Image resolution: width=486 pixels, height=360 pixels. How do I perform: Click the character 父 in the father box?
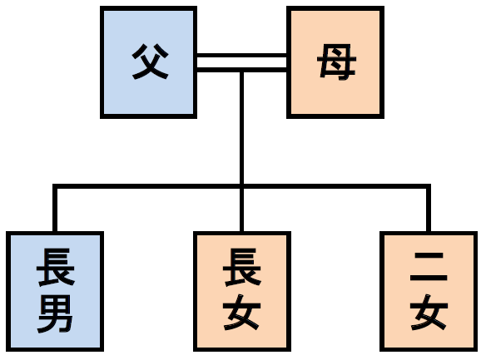tap(151, 62)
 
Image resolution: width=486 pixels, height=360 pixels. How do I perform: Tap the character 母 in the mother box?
tap(336, 62)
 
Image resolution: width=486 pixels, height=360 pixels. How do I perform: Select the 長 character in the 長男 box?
tap(56, 267)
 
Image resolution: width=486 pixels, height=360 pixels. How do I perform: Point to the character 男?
tap(55, 313)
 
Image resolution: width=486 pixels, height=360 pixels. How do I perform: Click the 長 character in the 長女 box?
tap(242, 267)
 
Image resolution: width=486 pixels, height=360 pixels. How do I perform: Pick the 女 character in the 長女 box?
tap(242, 312)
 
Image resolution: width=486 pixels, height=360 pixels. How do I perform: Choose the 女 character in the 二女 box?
tap(429, 312)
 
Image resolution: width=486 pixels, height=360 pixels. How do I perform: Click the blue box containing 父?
tap(148, 62)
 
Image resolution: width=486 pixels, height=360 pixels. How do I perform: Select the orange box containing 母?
tap(335, 62)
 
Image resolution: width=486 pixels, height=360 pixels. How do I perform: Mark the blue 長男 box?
tap(55, 291)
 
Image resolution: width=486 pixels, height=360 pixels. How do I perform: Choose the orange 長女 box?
tap(242, 291)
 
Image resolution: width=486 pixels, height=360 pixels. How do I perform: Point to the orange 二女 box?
tap(429, 291)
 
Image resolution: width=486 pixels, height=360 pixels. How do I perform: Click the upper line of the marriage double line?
tap(242, 56)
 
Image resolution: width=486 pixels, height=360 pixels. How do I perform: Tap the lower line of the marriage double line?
tap(242, 70)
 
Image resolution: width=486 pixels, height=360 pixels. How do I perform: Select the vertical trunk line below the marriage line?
tap(242, 128)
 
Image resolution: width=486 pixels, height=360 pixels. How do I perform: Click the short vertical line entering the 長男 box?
tap(55, 210)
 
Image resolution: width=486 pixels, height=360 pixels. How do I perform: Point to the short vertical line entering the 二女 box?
tap(429, 210)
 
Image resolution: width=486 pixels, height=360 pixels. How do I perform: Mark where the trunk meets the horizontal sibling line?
tap(242, 186)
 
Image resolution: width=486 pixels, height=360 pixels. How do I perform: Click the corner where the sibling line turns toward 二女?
tap(429, 186)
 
